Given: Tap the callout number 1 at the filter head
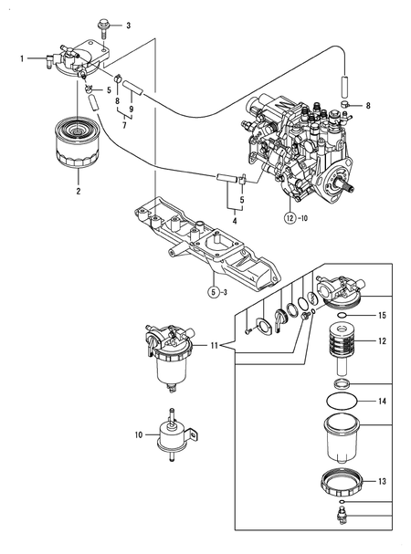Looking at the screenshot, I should click(22, 57).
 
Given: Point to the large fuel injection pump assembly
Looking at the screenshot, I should click(301, 155).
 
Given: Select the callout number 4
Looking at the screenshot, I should click(235, 221).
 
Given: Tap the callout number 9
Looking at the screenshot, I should click(132, 110).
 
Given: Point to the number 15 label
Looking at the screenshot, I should click(382, 315).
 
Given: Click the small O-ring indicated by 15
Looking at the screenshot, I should click(339, 315).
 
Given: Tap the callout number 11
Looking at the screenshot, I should click(213, 346).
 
